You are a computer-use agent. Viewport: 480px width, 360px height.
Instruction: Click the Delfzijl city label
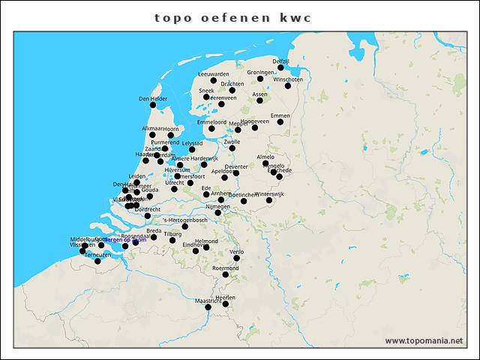(281, 61)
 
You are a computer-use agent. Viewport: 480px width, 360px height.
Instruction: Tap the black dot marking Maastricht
(208, 307)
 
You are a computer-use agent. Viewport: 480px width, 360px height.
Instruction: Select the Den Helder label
(153, 98)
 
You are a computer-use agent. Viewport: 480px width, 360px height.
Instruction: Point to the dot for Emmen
(280, 121)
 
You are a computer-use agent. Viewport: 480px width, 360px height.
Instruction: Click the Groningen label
(260, 73)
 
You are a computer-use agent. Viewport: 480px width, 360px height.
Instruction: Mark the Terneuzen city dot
(97, 261)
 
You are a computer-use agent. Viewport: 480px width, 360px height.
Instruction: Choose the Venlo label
(236, 252)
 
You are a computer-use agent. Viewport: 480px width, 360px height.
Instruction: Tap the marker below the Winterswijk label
(269, 200)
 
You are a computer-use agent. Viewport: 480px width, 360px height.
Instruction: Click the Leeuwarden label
(213, 74)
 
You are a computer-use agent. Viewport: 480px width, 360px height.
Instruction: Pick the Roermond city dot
(225, 274)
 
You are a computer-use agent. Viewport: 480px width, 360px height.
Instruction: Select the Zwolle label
(232, 141)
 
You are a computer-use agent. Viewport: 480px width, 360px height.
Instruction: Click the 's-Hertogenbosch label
(185, 220)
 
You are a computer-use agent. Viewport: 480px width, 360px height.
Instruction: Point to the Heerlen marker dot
(225, 304)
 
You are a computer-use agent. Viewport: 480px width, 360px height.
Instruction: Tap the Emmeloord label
(211, 121)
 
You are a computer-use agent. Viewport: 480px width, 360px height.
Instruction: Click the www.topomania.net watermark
(424, 340)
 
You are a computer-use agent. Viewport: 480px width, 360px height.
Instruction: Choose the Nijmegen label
(217, 206)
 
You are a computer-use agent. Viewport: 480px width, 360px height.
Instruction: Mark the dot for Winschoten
(287, 85)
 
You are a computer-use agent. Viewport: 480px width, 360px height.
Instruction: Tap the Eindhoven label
(196, 244)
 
